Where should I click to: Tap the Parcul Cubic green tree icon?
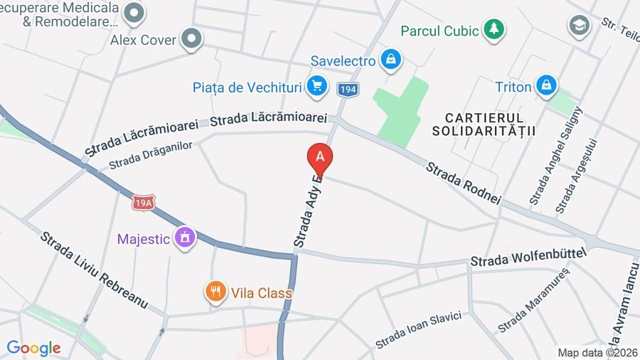point(493,30)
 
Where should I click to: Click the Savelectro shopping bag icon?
point(390,60)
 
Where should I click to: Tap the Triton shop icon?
point(545,87)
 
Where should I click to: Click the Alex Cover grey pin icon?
point(191,40)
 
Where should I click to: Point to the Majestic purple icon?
point(185,238)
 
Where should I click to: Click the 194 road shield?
point(348,90)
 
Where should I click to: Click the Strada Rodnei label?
point(464,184)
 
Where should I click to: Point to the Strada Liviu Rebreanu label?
point(93,270)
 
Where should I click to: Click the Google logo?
point(33,348)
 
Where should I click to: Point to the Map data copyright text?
point(597,353)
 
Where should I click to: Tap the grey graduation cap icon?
point(580,26)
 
